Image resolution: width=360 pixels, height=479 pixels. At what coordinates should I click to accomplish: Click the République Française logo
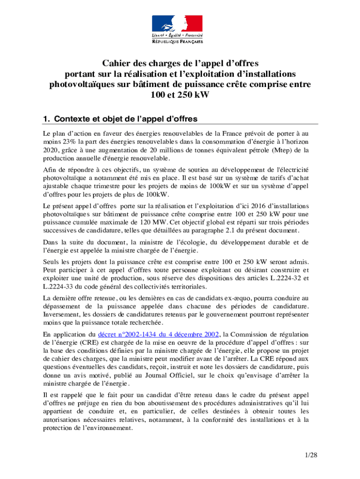(177, 29)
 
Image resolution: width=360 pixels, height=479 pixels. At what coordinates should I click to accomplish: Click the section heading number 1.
(46, 118)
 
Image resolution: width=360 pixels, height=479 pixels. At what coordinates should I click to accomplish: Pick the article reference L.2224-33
(61, 287)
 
